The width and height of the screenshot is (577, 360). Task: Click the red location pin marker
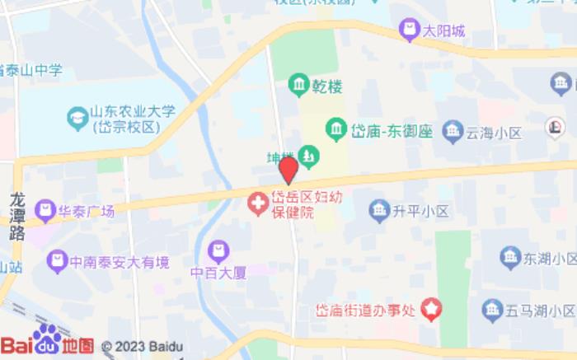[x=288, y=170]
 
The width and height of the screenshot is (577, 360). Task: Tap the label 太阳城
[x=444, y=32]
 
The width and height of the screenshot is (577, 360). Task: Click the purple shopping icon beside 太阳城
[x=409, y=31]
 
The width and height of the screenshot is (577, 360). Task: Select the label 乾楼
[x=326, y=85]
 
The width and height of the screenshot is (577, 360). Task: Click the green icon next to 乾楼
[x=298, y=84]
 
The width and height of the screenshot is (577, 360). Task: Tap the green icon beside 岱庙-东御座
[x=335, y=129]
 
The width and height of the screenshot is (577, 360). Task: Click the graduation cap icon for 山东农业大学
[x=77, y=118]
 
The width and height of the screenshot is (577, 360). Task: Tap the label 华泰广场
[x=86, y=211]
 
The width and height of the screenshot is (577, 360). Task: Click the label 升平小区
[x=420, y=211]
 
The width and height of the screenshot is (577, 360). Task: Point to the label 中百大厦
[x=218, y=273]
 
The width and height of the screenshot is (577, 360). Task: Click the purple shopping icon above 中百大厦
[x=218, y=250]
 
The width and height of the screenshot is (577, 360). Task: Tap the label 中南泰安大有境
[x=120, y=263]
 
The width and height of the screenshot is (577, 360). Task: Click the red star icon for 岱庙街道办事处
[x=432, y=310]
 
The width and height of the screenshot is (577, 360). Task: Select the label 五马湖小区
[x=540, y=311]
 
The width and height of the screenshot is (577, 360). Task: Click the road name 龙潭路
[x=17, y=216]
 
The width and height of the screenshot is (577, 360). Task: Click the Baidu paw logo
[x=47, y=338]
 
